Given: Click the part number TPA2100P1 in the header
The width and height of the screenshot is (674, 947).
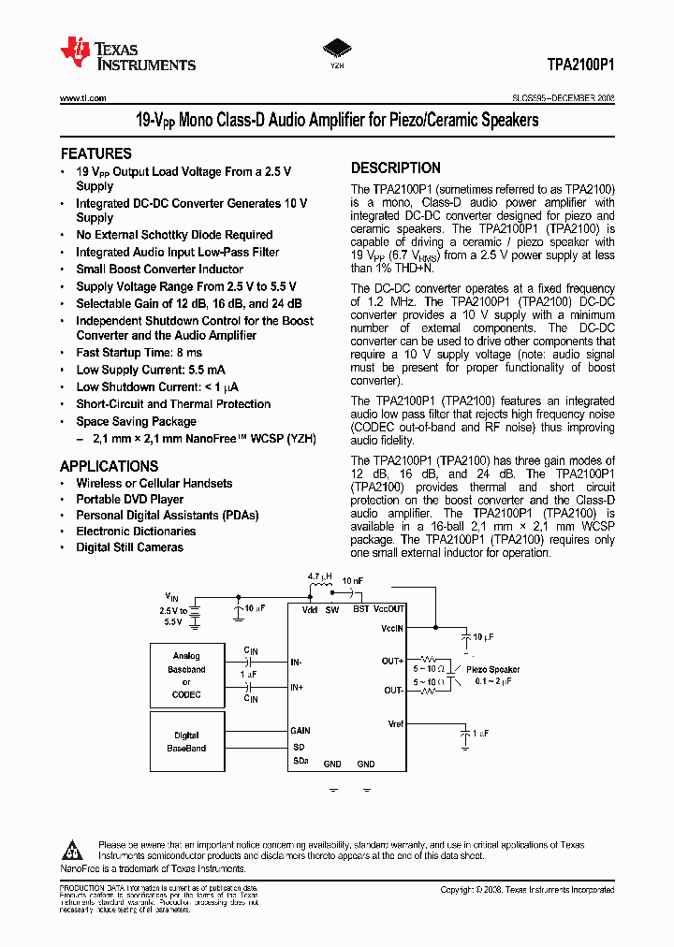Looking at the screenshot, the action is [x=580, y=66].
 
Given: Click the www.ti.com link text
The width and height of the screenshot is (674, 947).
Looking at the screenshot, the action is [x=82, y=98].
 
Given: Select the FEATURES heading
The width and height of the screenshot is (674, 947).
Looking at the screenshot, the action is [x=95, y=153].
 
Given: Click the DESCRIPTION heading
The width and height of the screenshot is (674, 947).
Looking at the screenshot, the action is [x=395, y=168].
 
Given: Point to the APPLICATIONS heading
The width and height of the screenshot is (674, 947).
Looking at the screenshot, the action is [x=109, y=466].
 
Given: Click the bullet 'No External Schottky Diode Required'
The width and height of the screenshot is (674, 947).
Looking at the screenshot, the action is [x=174, y=235].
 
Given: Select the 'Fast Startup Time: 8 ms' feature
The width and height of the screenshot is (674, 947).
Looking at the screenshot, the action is [x=139, y=353].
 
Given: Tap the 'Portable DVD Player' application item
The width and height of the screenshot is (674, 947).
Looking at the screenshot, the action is [x=129, y=500].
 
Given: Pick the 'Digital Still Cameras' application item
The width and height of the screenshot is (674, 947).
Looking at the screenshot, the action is [x=129, y=547].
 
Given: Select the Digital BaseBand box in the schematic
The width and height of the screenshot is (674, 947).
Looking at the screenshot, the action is [x=187, y=742].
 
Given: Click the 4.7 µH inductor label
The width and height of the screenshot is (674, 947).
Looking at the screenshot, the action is [x=320, y=577].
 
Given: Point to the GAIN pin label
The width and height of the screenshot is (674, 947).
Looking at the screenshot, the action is [x=300, y=731].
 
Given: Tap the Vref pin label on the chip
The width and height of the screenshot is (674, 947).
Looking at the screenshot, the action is [x=395, y=723].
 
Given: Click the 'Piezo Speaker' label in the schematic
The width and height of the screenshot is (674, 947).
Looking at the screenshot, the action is [x=492, y=670].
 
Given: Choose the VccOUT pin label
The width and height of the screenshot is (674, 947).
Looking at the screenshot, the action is [x=389, y=609].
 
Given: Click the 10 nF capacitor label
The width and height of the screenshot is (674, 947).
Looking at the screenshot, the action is [x=353, y=580].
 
